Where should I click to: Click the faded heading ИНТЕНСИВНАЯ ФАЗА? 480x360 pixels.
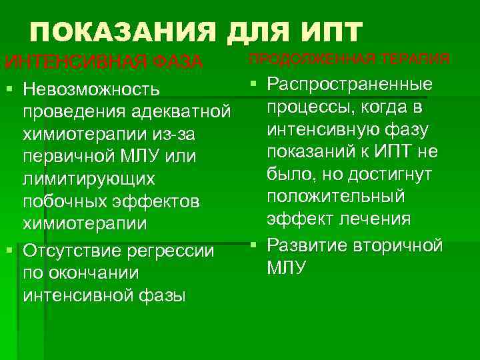point(103,62)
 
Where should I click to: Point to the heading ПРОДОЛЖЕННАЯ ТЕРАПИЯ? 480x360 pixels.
point(349,58)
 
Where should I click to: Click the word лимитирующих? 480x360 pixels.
point(89,179)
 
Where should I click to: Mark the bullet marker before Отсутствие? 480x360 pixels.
point(9,251)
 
